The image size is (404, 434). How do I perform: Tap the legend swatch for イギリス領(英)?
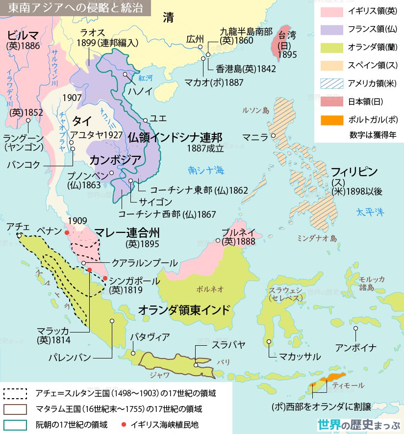coord(331,11)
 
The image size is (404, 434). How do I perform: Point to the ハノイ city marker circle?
coord(126,75)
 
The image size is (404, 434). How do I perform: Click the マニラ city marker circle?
coord(273,136)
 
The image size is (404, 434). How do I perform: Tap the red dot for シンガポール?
coord(105,278)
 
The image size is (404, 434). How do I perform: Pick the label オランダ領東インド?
coord(184,310)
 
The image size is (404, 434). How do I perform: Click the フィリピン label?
coord(354,172)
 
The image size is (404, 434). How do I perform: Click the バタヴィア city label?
coord(150,337)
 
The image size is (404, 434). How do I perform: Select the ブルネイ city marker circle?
coord(218,241)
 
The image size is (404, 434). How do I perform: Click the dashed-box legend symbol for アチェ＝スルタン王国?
coord(15,393)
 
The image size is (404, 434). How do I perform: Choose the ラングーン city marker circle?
coord(28,120)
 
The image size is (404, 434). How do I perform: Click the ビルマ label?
coord(24,35)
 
